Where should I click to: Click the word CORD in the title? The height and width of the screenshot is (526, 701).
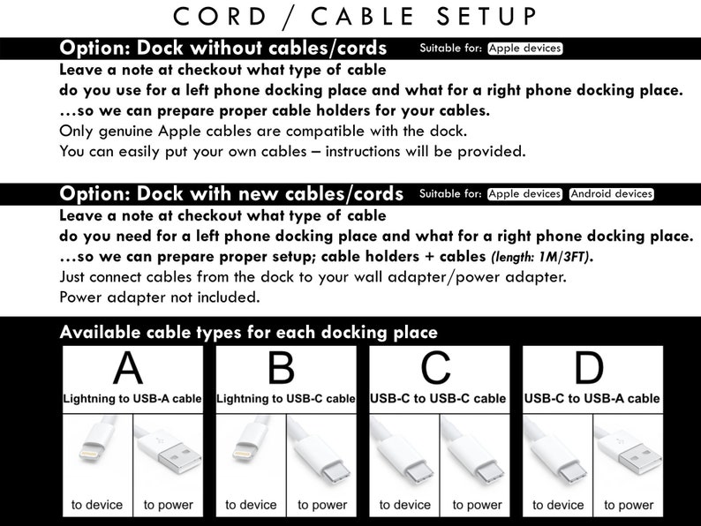[x=220, y=17]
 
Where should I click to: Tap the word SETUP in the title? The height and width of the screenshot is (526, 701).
[x=486, y=17]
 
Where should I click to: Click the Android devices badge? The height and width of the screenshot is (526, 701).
[x=612, y=194]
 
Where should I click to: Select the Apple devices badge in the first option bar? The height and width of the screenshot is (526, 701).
[x=524, y=49]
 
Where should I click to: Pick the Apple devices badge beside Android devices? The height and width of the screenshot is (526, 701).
[x=524, y=194]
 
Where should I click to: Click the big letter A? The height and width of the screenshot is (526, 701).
[x=128, y=368]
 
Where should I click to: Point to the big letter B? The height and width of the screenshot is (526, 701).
[x=282, y=368]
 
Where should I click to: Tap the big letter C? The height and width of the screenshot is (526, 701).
[x=435, y=368]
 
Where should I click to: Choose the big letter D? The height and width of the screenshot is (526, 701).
[x=589, y=368]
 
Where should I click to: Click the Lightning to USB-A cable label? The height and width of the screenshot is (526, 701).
[x=132, y=399]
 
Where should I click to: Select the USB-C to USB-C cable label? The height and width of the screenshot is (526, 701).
[x=438, y=399]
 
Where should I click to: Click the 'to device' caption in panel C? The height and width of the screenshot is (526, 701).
[x=405, y=505]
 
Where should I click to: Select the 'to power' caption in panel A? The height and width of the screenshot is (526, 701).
[x=168, y=505]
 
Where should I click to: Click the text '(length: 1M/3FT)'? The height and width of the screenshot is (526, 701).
[x=542, y=257]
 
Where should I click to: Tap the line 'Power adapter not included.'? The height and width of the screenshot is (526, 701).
[x=160, y=297]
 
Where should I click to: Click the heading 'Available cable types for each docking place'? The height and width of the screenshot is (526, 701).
[x=249, y=333]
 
